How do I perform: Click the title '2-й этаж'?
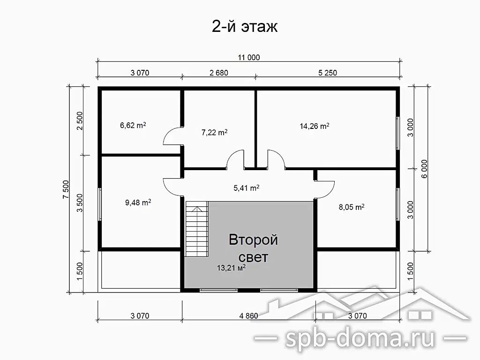[x=245, y=26]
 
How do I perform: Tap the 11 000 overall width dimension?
[x=249, y=58]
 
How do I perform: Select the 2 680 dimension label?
[x=219, y=73]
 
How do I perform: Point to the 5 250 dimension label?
[x=328, y=73]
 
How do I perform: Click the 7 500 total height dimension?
[x=66, y=189]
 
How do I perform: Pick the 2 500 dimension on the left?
[x=80, y=121]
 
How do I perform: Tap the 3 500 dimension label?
[x=80, y=203]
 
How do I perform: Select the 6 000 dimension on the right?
[x=424, y=169]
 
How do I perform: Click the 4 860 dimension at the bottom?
[x=248, y=315]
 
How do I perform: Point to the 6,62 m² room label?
[x=133, y=125]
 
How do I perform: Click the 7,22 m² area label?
[x=214, y=133]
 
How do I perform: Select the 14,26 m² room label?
[x=315, y=126]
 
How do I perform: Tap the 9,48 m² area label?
[x=138, y=202]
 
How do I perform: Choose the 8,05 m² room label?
[x=352, y=207]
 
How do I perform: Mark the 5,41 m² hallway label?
[x=247, y=188]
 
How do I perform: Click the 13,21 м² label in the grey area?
[x=231, y=268]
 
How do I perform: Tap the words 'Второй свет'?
[x=253, y=248]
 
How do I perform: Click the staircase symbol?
[x=196, y=229]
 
